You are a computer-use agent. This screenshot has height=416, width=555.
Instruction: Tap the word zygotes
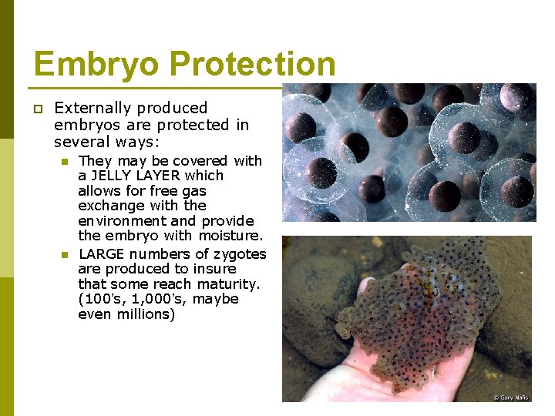tap(236, 253)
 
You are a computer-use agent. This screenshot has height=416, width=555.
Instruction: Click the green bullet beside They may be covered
tap(65, 162)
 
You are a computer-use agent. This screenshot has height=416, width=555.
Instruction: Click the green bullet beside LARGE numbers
tap(65, 254)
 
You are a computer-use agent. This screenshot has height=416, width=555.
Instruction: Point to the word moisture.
tap(230, 236)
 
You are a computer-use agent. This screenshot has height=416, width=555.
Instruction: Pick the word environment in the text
tap(122, 221)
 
